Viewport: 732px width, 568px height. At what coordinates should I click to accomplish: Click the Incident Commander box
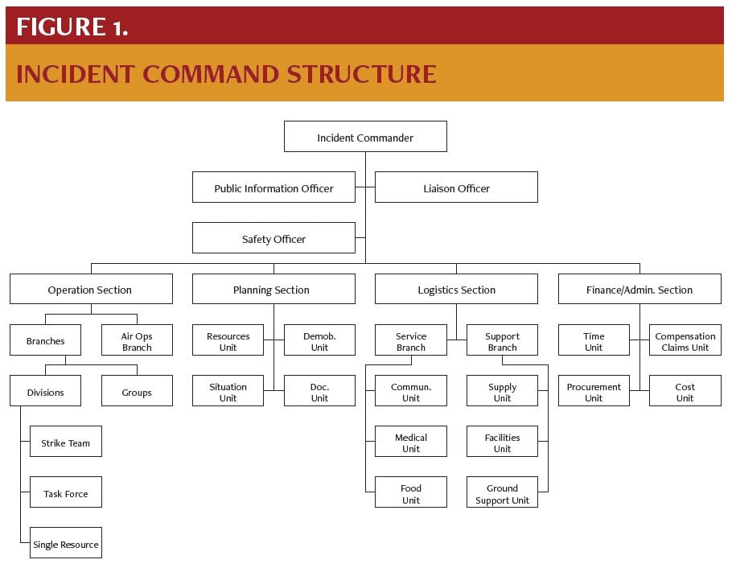pos(365,137)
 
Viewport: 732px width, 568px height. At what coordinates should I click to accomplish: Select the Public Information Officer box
pos(273,187)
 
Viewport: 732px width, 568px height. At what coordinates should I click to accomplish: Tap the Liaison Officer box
pos(456,187)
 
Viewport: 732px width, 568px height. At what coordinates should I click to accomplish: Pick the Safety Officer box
pos(273,238)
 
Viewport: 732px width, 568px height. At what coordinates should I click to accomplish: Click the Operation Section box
pos(90,289)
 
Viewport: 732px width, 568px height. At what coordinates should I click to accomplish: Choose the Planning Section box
pos(273,289)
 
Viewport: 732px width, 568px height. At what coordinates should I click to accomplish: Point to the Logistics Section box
pos(456,289)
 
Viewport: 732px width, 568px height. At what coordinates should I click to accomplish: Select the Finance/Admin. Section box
pos(639,289)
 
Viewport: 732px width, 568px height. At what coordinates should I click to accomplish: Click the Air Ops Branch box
pos(137,340)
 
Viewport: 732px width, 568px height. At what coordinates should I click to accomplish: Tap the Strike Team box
pos(66,442)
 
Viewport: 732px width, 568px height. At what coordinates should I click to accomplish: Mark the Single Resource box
pos(66,543)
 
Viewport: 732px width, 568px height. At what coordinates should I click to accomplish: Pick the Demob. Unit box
pos(319,340)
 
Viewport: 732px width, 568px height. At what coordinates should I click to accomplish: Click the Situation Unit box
pos(228,391)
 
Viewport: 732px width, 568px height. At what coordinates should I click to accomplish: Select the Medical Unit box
pos(411,442)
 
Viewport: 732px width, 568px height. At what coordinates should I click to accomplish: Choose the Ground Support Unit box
pos(502,492)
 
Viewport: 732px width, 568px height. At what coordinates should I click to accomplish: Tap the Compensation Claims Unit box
pos(685,340)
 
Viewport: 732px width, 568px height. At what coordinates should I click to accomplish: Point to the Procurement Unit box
pos(594,391)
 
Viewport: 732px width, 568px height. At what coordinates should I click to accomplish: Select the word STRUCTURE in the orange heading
pos(362,74)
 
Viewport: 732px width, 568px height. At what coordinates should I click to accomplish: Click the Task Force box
pos(66,492)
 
